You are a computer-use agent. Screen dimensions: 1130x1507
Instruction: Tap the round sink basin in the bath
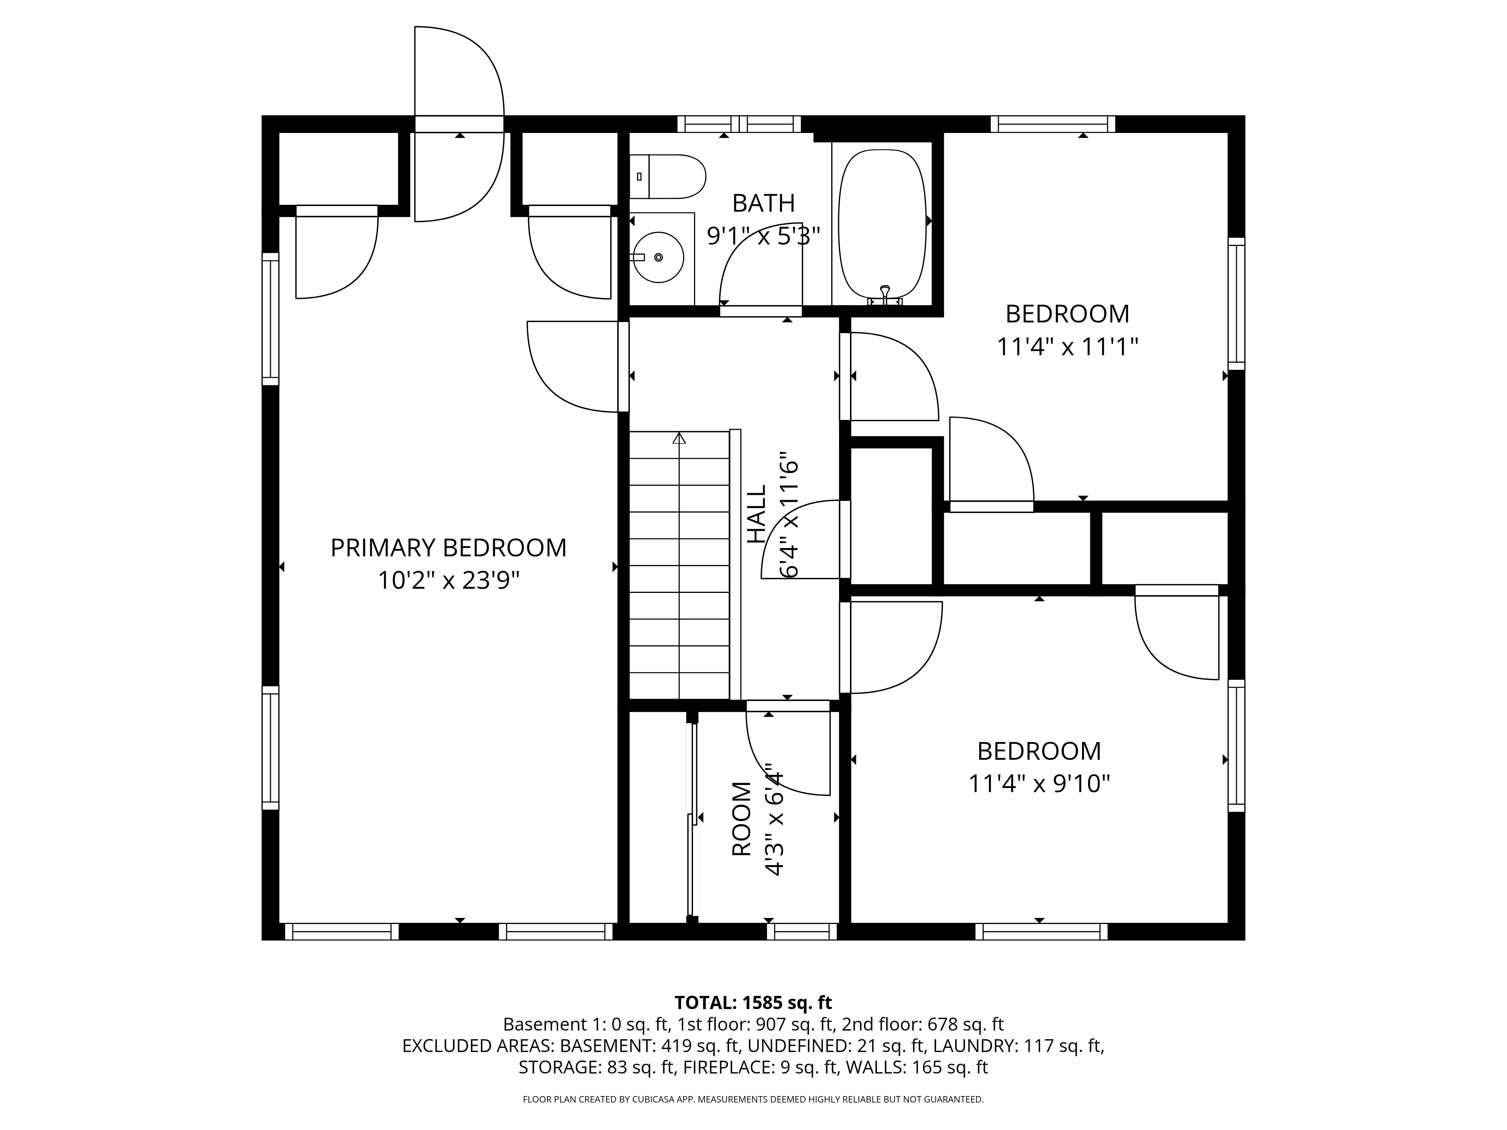pos(657,258)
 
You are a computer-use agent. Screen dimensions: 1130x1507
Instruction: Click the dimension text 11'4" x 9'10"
pos(1039,784)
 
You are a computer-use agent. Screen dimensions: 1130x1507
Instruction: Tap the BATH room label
pos(763,203)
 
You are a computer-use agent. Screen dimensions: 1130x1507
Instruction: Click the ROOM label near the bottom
pos(741,819)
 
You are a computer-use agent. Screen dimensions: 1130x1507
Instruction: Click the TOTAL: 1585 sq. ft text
pos(753,1003)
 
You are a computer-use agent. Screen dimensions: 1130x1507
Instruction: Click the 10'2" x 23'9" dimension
pos(448,581)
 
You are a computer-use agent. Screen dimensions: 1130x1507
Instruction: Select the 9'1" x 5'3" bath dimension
pos(763,236)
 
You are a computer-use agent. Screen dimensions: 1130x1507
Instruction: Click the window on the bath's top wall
pos(739,124)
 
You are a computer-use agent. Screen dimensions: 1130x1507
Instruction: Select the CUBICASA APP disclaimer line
pos(753,1099)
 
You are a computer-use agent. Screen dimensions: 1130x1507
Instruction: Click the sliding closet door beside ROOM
pos(693,817)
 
